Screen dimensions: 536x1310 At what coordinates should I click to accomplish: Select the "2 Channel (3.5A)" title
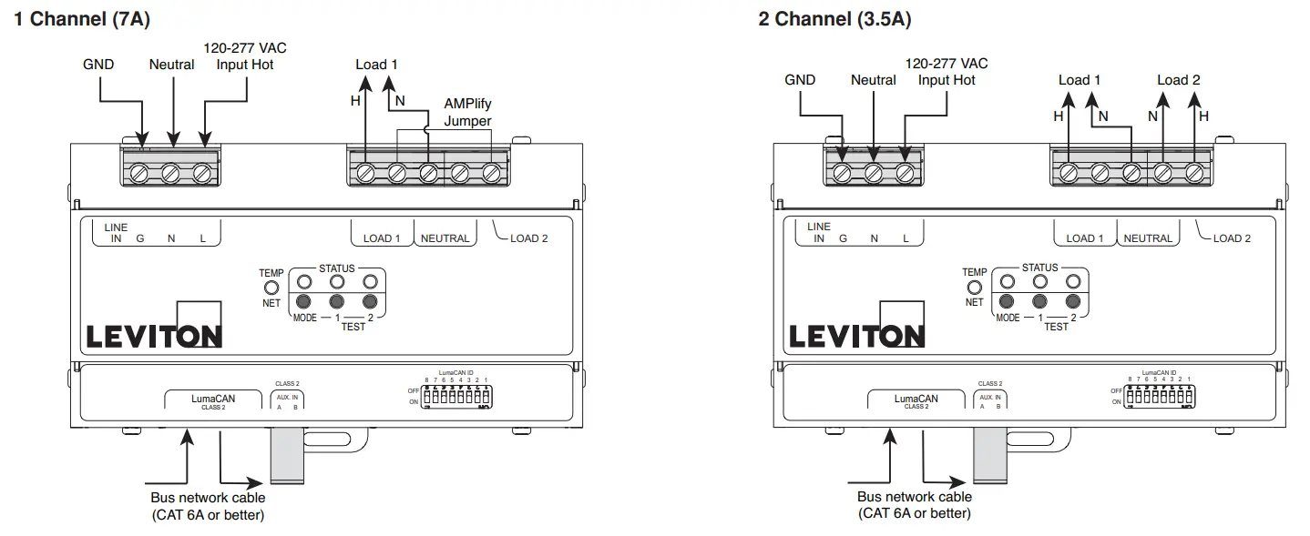834,19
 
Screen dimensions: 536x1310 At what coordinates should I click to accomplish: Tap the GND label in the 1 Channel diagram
98,65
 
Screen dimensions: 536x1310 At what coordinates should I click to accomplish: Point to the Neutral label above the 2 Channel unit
874,80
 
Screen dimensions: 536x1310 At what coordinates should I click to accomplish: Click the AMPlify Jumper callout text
467,113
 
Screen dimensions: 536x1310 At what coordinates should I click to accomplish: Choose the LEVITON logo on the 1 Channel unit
153,336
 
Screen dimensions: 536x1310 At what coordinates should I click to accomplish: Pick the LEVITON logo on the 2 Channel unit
856,336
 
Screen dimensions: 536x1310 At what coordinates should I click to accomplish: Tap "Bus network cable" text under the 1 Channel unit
208,498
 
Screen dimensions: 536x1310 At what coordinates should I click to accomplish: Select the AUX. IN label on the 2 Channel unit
989,398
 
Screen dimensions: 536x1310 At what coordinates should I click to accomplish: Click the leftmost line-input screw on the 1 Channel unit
140,172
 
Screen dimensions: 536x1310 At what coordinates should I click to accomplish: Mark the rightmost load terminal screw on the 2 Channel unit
1195,171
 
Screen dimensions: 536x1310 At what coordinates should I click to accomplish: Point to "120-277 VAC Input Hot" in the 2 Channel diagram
947,72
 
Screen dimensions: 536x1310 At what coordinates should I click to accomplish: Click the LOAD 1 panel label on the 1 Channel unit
382,238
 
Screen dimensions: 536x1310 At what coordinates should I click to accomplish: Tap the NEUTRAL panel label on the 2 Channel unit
1147,238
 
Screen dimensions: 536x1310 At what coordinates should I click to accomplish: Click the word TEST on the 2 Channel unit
1056,327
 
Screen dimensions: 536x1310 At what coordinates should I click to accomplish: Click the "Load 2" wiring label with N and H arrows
1178,80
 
